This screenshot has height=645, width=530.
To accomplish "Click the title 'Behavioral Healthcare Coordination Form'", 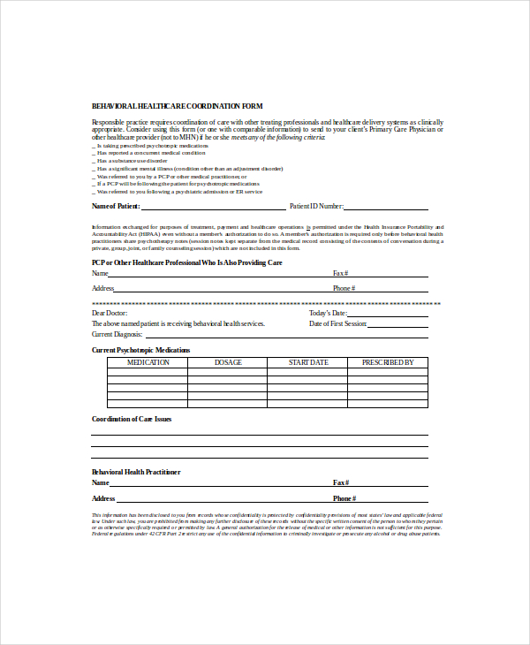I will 177,106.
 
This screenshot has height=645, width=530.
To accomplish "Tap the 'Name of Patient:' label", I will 116,206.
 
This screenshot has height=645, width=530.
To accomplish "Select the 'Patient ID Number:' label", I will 316,206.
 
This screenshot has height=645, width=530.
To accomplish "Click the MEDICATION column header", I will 148,362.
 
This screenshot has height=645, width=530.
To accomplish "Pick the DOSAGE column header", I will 228,362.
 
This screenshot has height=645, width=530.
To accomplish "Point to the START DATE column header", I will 308,362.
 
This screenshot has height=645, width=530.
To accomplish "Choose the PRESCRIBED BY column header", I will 388,362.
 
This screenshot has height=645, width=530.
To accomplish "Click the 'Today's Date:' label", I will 327,314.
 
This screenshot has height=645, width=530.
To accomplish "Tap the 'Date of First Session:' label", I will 337,324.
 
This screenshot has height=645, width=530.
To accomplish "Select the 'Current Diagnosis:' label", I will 117,335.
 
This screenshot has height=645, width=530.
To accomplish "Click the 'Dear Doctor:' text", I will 110,314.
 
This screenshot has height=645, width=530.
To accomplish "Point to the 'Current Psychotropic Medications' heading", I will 140,350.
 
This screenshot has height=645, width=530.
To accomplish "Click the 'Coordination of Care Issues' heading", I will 132,419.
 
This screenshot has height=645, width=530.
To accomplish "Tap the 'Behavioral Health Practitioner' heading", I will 136,472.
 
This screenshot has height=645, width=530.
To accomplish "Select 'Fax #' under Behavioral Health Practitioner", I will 341,483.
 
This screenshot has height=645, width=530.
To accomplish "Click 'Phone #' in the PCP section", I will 344,288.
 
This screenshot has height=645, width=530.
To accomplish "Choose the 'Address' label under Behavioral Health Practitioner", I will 103,498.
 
